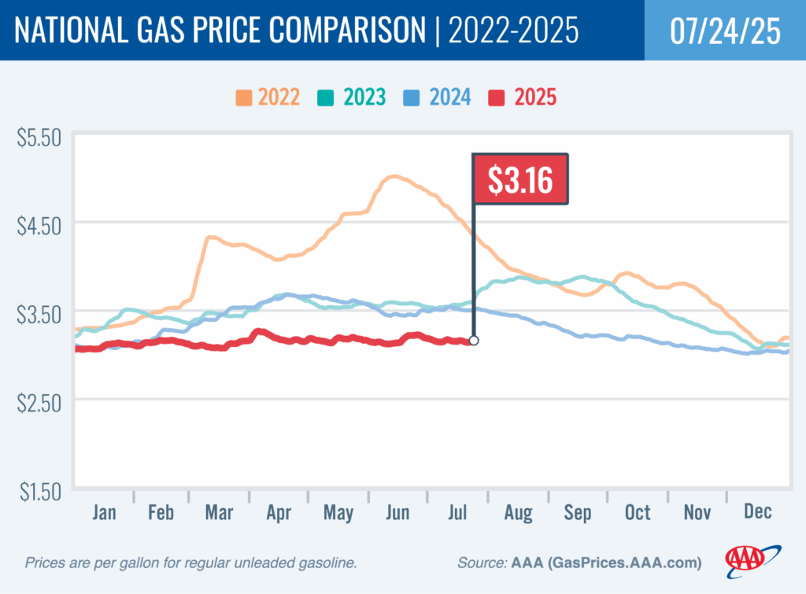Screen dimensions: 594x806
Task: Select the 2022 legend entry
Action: click(x=268, y=98)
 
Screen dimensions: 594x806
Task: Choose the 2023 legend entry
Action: click(x=353, y=98)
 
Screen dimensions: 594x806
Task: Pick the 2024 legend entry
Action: click(x=439, y=98)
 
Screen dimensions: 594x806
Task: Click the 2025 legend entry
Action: click(x=523, y=98)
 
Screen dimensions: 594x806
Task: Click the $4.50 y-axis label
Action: click(x=39, y=227)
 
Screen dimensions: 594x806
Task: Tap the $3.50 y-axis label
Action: click(x=39, y=315)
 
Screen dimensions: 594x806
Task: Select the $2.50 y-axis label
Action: click(x=39, y=403)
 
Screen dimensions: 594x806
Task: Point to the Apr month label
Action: click(x=279, y=513)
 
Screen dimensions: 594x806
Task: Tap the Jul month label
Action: click(x=457, y=513)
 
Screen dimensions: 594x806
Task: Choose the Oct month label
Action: click(x=638, y=513)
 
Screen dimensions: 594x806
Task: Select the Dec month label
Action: click(x=757, y=513)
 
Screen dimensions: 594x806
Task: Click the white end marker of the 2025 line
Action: click(x=473, y=341)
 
